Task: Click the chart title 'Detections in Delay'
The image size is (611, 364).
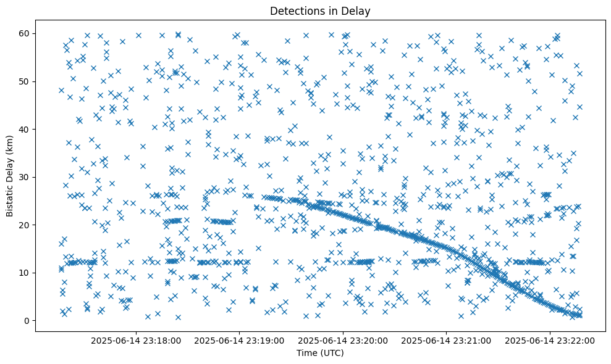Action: pyautogui.click(x=320, y=10)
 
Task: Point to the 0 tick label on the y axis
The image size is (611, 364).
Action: pyautogui.click(x=27, y=321)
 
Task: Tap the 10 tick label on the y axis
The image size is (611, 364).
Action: pyautogui.click(x=25, y=273)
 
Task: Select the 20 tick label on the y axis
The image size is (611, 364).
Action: pyautogui.click(x=25, y=225)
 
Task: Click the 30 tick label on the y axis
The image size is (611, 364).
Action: pyautogui.click(x=25, y=177)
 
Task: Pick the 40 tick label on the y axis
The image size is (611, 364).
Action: pyautogui.click(x=25, y=129)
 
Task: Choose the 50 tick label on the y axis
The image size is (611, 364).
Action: pyautogui.click(x=25, y=81)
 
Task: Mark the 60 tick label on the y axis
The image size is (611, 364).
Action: pyautogui.click(x=25, y=33)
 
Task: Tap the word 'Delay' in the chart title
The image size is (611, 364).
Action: pyautogui.click(x=358, y=10)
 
